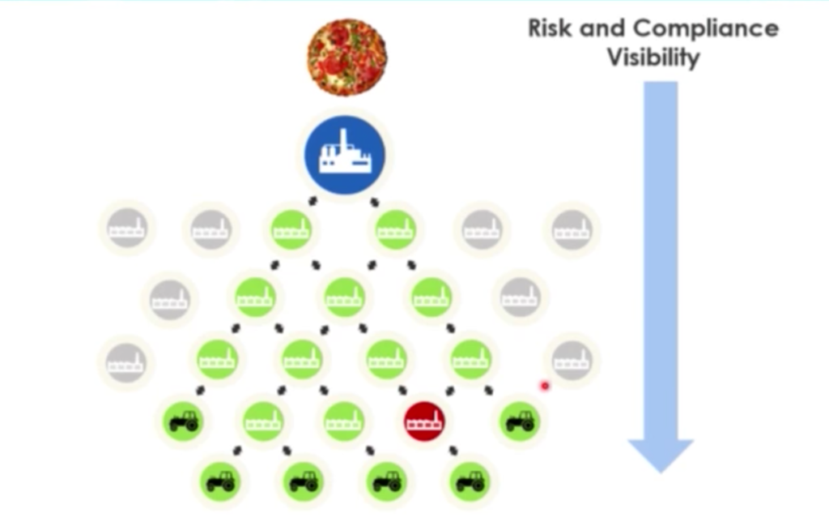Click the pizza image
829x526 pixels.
coord(346,58)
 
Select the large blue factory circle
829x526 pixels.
coord(345,155)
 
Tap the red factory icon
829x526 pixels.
coord(424,421)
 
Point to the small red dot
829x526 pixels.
coord(545,387)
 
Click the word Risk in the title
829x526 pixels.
coord(550,28)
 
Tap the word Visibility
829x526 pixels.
coord(653,58)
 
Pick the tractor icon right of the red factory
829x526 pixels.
coord(521,421)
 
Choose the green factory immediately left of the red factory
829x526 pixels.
coord(343,421)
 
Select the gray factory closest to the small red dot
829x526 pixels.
coord(572,361)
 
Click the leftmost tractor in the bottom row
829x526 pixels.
coord(220,482)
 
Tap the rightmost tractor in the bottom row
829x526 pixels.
coord(470,482)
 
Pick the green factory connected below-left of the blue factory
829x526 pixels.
coord(291,229)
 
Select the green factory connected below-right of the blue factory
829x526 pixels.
coord(395,229)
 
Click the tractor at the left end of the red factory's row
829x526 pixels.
coord(184,421)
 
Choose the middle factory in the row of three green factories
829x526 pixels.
coord(344,297)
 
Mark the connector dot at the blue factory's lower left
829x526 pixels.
coord(312,201)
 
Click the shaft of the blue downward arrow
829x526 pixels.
coord(661,260)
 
